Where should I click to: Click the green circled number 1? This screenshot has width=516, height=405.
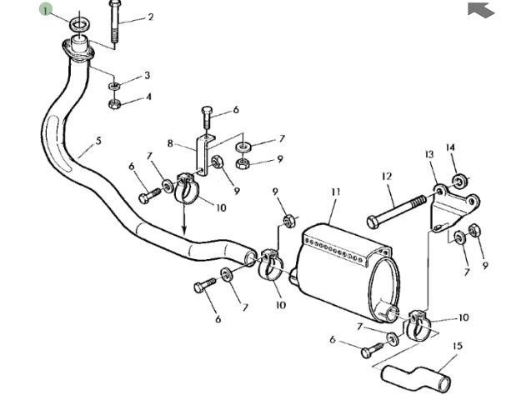46,10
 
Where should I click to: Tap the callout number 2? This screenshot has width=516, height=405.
150,17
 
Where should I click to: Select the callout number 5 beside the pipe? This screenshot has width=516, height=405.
98,141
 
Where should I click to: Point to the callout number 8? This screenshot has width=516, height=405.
170,143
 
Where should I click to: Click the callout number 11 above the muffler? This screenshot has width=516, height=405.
335,192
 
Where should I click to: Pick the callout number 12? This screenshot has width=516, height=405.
387,177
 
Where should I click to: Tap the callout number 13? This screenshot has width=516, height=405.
429,155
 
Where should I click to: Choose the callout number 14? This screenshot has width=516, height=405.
451,148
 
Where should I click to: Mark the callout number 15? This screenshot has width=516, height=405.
457,346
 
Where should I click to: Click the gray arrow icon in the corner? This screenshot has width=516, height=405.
481,10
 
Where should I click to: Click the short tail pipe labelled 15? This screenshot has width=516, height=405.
416,376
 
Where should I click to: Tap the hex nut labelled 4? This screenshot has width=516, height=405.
115,104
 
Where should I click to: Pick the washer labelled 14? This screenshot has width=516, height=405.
459,180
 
